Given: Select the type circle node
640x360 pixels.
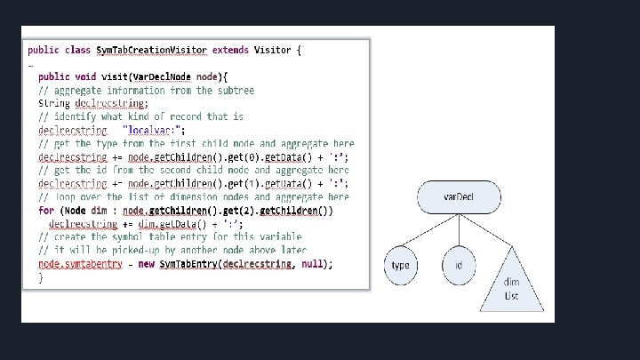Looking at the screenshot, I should click(x=402, y=266).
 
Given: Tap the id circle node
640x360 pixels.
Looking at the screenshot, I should click(x=459, y=266).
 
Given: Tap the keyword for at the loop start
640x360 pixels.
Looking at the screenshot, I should click(x=45, y=211).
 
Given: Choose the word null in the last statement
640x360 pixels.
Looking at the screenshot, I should click(x=312, y=264).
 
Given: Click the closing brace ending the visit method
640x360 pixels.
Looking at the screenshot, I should click(x=41, y=277).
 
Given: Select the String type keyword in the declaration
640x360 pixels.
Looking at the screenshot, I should click(x=54, y=103).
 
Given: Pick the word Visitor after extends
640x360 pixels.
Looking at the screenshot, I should click(x=272, y=50).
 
